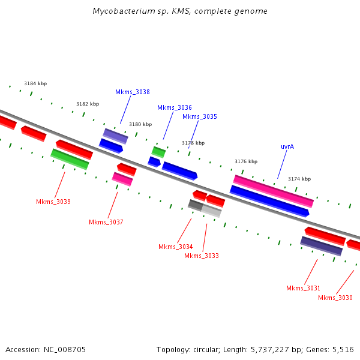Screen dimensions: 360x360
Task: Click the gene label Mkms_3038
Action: click(133, 92)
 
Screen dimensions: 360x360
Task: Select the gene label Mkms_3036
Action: click(175, 108)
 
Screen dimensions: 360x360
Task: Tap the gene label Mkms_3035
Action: click(200, 117)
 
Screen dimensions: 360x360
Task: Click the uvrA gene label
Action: click(287, 147)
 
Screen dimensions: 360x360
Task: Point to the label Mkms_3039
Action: click(53, 202)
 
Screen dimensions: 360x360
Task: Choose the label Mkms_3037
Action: click(106, 223)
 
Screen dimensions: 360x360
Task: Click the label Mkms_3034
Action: click(176, 247)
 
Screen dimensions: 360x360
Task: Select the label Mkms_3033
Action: click(202, 256)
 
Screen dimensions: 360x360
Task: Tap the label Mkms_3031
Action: click(303, 289)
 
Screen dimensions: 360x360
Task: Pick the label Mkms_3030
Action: click(335, 298)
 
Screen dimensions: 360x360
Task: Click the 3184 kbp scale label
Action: click(35, 84)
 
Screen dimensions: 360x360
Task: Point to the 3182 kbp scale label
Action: click(88, 104)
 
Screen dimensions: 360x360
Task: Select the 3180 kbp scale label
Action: click(140, 125)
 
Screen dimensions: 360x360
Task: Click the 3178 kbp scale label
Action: click(193, 143)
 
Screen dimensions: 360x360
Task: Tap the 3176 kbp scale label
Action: click(246, 162)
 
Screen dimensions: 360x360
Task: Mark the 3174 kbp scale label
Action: click(299, 179)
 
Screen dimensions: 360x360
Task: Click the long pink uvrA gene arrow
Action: click(273, 191)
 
